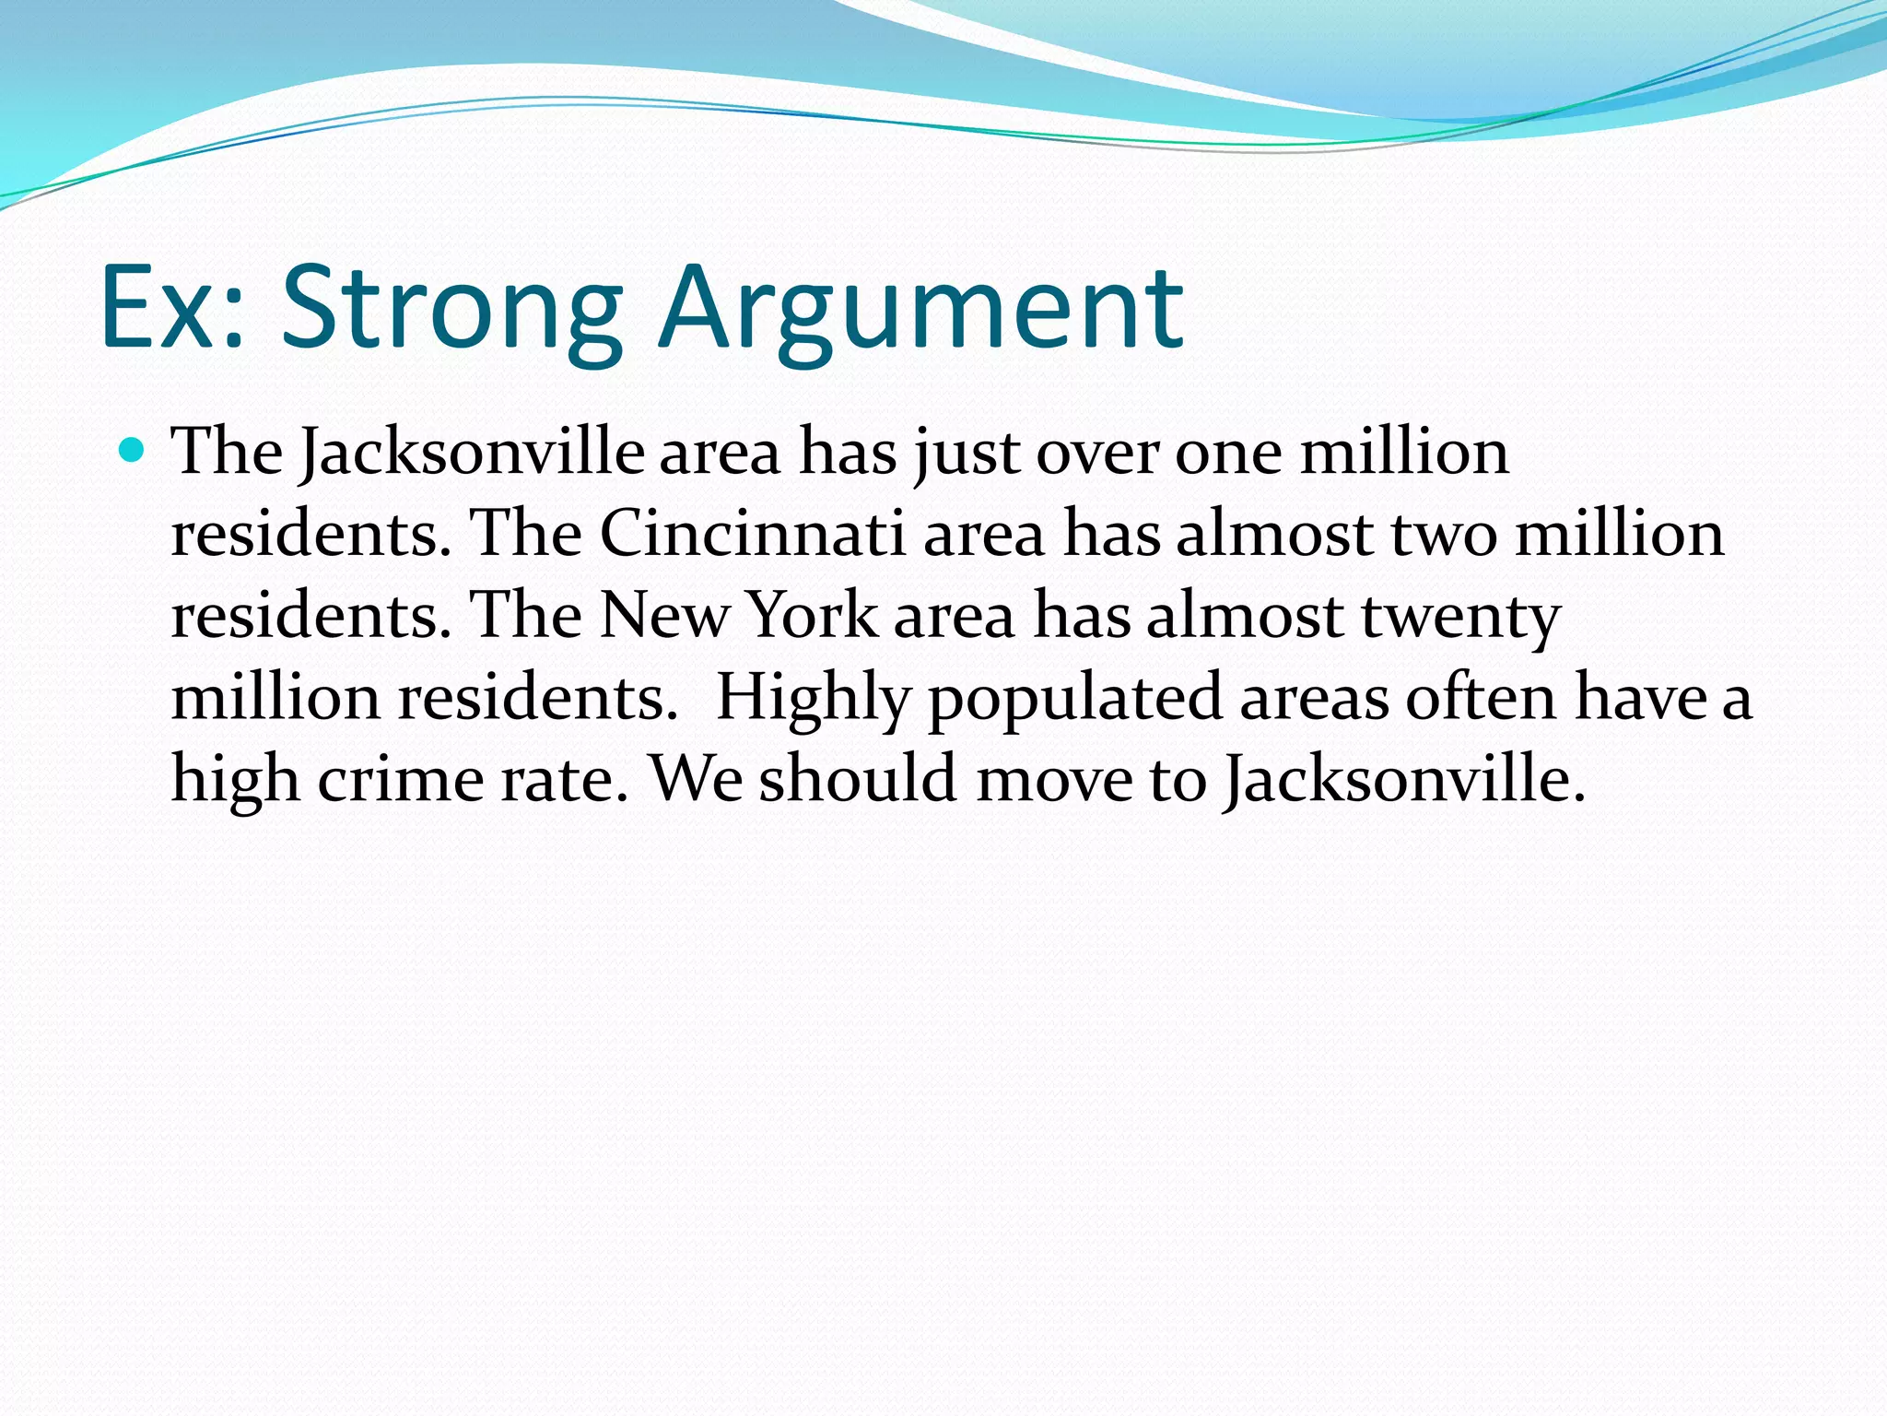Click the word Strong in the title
tap(451, 309)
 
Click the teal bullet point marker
tap(133, 451)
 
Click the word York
tap(811, 615)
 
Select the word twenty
tap(1460, 615)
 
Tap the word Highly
tap(813, 698)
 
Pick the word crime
tap(401, 780)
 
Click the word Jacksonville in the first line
tap(473, 453)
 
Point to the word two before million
tap(1443, 534)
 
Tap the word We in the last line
tap(696, 780)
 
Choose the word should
tap(858, 780)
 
